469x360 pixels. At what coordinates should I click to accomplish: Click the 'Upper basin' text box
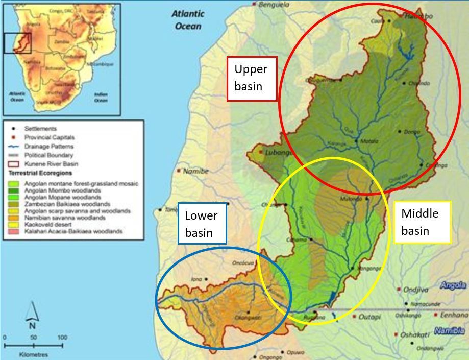tap(252, 78)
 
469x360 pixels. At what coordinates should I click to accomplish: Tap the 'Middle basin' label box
tap(422, 222)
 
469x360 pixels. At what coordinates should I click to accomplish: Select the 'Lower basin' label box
tap(202, 224)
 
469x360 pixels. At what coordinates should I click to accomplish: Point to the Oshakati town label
tap(413, 335)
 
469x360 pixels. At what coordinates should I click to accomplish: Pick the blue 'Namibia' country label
tap(450, 331)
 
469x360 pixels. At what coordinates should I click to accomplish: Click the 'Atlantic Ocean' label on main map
tap(188, 20)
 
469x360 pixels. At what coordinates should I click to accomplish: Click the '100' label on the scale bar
tap(62, 338)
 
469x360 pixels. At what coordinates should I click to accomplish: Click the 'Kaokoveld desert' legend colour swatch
tap(14, 225)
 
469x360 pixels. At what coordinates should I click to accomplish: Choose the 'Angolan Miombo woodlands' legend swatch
tap(14, 190)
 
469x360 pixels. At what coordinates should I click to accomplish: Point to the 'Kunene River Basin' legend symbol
tap(14, 164)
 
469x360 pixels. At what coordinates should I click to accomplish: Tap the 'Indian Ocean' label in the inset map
tap(101, 97)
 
